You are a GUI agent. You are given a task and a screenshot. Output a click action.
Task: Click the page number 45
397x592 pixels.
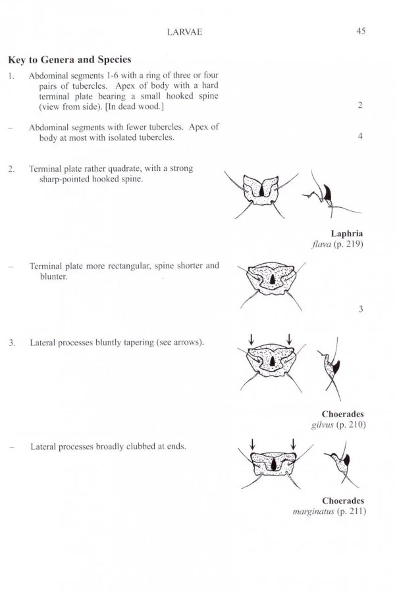pyautogui.click(x=361, y=30)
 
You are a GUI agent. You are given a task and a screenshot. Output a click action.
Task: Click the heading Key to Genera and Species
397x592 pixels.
pyautogui.click(x=70, y=59)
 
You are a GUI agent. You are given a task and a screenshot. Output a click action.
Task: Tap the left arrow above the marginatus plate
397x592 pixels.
pyautogui.click(x=251, y=444)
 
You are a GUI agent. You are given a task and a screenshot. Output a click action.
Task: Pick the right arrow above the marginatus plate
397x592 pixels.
pyautogui.click(x=293, y=444)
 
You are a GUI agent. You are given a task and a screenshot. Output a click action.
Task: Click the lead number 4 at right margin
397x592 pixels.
pyautogui.click(x=361, y=137)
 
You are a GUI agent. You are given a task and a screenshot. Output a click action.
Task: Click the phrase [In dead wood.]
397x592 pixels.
pyautogui.click(x=133, y=107)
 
